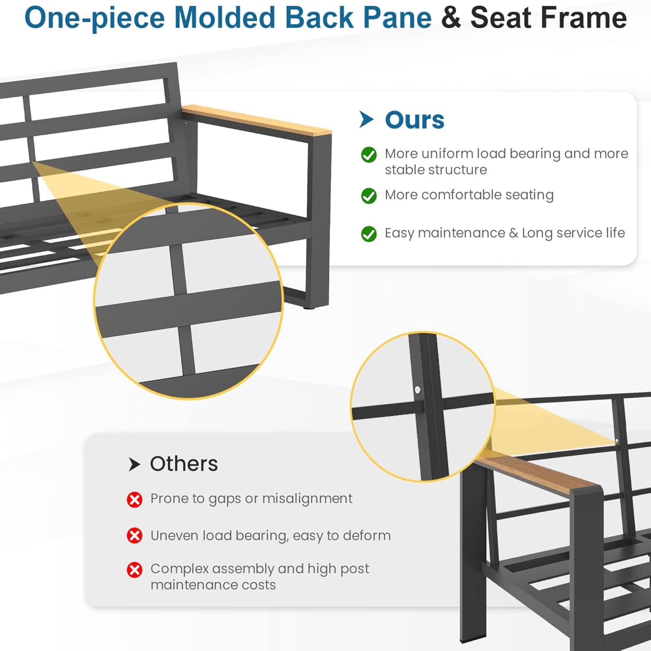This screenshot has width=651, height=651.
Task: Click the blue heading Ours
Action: tap(414, 120)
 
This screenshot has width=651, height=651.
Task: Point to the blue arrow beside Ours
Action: tap(366, 119)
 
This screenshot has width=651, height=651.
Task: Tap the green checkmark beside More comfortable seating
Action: tap(369, 196)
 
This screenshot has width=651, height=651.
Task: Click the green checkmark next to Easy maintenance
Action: tap(369, 234)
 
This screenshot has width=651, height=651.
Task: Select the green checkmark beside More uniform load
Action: tap(369, 155)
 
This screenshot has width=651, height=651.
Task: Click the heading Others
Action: tap(184, 464)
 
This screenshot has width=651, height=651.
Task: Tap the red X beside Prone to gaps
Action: tap(134, 500)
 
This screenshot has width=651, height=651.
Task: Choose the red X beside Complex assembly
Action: tap(134, 570)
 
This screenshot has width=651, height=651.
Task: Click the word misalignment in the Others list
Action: tap(307, 499)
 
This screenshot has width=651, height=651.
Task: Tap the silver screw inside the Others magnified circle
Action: tap(418, 390)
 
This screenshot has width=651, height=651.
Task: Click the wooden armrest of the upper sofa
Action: tap(256, 120)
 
